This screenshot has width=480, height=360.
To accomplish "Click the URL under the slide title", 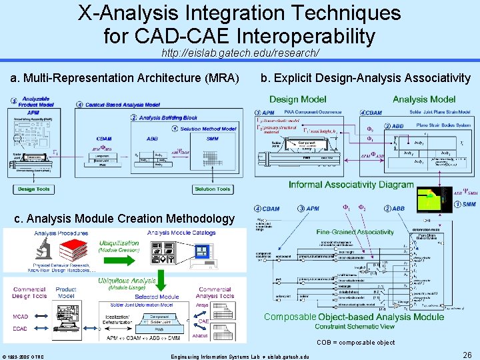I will tap(240, 52).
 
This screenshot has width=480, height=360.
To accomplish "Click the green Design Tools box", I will tap(35, 189).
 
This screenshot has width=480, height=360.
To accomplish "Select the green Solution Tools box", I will tap(213, 189).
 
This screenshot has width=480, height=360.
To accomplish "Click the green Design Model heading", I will tap(298, 99).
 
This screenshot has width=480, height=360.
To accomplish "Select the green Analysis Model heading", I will tap(424, 99).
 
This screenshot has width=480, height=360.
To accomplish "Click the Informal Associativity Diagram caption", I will tap(351, 184).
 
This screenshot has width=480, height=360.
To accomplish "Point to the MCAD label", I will tap(21, 317).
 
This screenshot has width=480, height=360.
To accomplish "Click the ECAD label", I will tap(21, 328).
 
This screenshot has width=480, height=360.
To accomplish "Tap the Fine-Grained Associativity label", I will tap(356, 231).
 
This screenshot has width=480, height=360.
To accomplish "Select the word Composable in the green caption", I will tap(290, 316).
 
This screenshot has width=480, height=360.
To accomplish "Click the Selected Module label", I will tap(157, 296).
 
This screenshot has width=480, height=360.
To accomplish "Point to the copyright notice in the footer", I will tap(23, 356).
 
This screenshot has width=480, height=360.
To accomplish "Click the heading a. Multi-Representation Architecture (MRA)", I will tap(125, 79).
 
